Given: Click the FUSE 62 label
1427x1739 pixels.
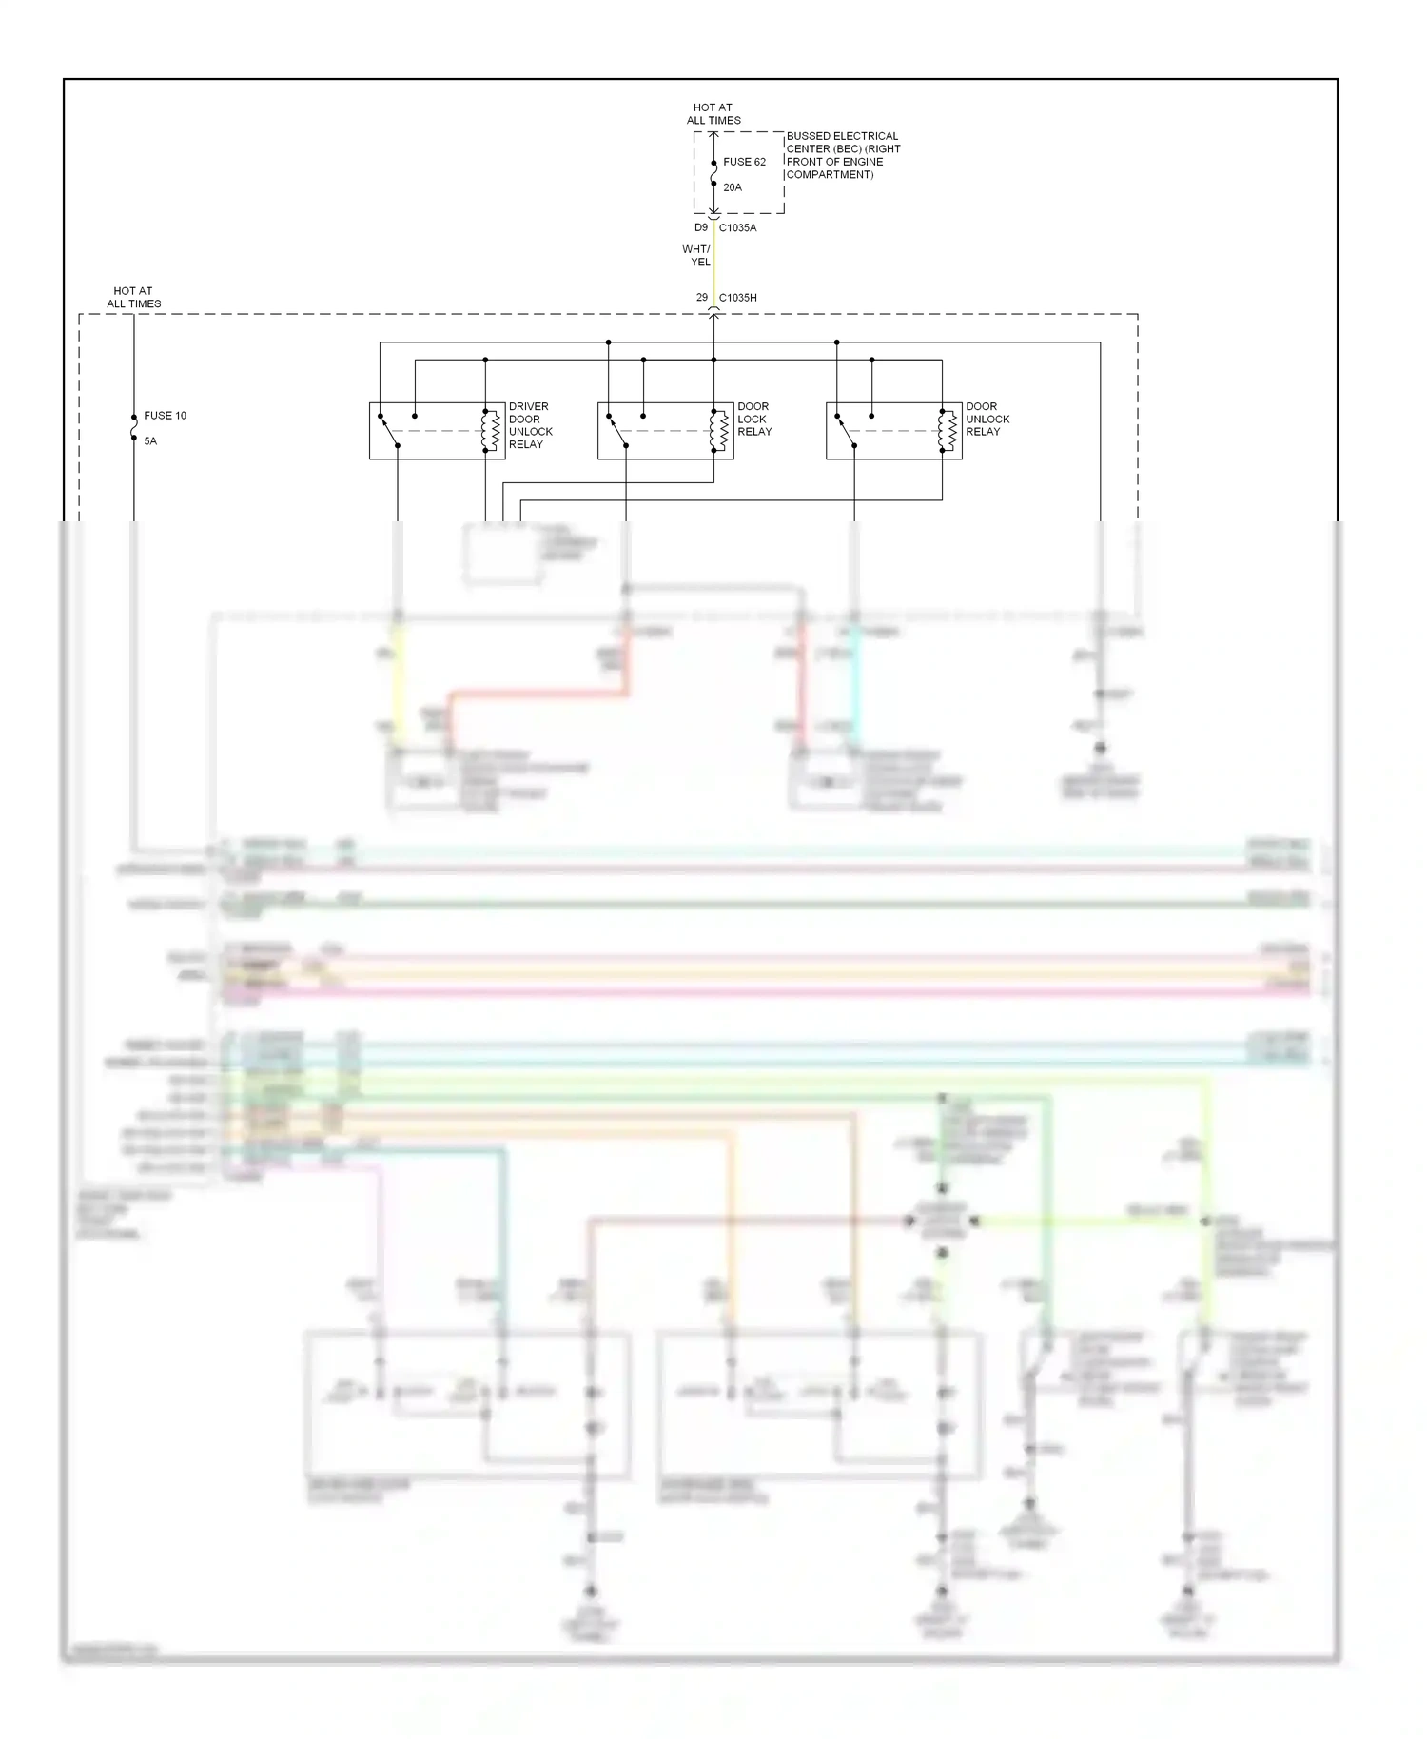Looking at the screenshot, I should point(744,162).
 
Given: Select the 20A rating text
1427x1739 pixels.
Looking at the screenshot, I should point(733,187).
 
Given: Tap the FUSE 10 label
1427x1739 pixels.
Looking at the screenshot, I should point(165,416).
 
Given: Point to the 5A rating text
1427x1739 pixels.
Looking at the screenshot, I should point(150,441).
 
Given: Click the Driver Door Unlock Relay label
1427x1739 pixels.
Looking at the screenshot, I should point(530,425).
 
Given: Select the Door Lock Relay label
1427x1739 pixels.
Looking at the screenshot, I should point(754,419).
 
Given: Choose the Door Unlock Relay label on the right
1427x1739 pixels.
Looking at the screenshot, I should point(987,419).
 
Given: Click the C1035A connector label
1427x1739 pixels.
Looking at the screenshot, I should point(737,228).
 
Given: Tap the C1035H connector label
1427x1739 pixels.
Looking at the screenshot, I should point(737,298).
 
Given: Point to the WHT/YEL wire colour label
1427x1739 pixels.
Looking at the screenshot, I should point(696,256).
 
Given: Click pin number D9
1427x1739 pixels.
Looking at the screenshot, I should point(701,228).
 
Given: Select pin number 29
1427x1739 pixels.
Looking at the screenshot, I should point(702,298).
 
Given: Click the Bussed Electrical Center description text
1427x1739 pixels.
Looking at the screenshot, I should point(843,155).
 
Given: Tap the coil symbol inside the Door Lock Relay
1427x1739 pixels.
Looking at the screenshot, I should point(719,431).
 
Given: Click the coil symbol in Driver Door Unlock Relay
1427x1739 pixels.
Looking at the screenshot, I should point(491,431).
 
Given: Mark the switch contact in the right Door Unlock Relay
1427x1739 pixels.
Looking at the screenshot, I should point(845,431).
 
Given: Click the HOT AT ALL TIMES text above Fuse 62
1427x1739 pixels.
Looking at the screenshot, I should point(713,114).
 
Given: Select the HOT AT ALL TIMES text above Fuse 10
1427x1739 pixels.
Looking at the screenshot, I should point(133,298).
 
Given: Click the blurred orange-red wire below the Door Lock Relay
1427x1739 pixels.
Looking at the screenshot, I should point(538,694).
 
